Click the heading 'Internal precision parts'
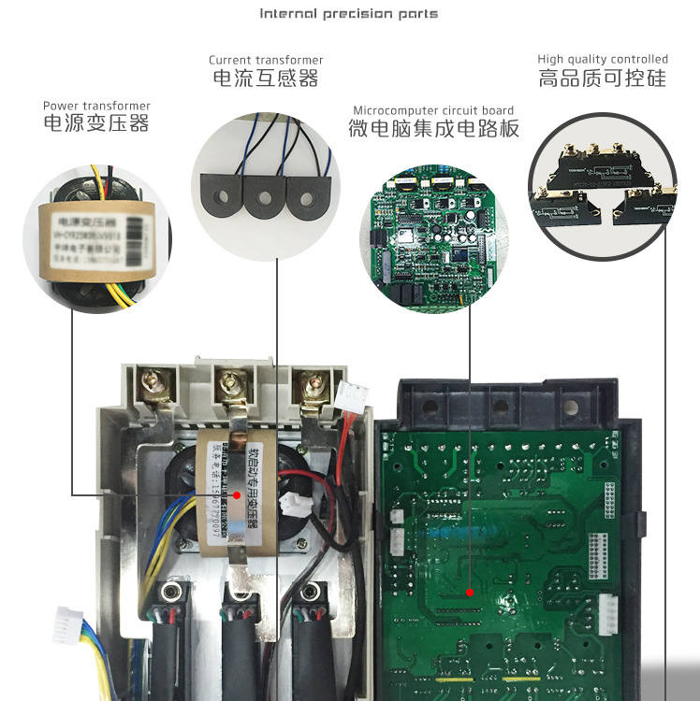pos(348,14)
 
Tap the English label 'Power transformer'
pos(96,106)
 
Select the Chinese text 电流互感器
pos(266,79)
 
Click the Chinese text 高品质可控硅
pos(603,79)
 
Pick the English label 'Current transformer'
pos(266,60)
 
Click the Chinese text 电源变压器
pos(96,123)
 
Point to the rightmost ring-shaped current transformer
pos(310,198)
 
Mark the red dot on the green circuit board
pos(471,591)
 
